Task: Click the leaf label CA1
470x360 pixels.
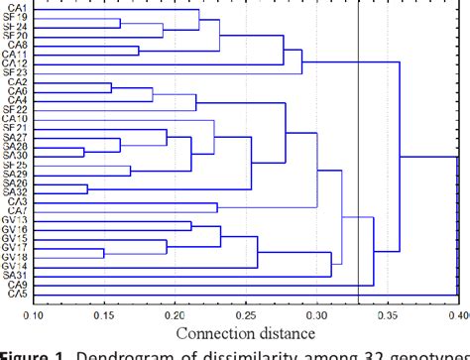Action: click(x=18, y=5)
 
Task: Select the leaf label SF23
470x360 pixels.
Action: click(x=17, y=71)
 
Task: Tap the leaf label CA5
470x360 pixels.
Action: click(x=18, y=295)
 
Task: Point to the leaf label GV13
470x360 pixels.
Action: click(x=16, y=219)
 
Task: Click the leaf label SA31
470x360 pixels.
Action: click(x=17, y=275)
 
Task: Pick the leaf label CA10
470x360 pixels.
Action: click(x=16, y=118)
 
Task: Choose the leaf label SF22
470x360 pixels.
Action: click(x=17, y=109)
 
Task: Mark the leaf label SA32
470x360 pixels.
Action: click(x=17, y=191)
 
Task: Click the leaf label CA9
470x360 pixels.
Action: click(x=18, y=285)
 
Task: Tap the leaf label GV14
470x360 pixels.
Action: click(x=16, y=266)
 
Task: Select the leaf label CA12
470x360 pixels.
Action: click(x=16, y=61)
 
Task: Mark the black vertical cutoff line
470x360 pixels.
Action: click(x=358, y=149)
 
